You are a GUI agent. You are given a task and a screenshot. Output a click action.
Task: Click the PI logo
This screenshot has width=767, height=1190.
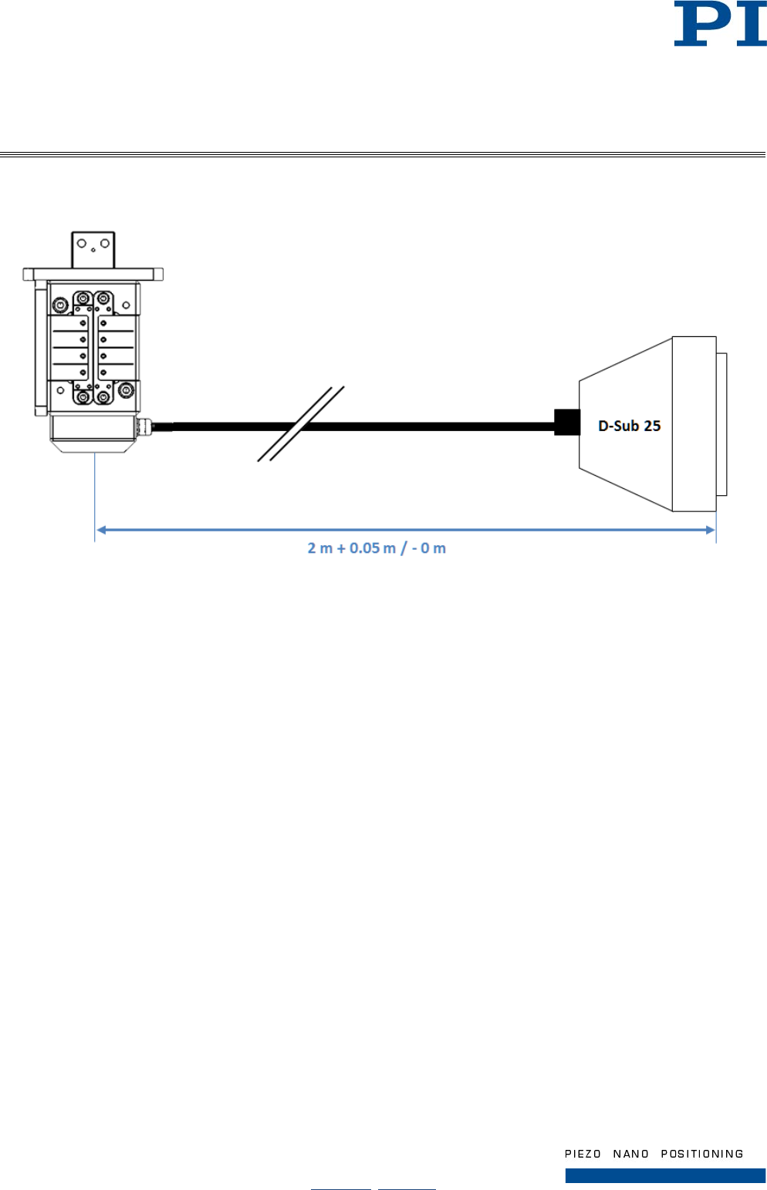click(x=719, y=24)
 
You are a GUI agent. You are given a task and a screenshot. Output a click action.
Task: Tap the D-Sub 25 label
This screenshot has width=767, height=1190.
click(x=629, y=426)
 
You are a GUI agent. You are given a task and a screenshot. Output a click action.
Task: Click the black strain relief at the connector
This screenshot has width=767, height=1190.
click(x=567, y=423)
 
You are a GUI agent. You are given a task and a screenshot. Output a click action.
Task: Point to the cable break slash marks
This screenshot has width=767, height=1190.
click(x=300, y=424)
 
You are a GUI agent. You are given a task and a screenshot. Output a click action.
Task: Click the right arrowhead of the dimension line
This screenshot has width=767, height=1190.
click(x=709, y=530)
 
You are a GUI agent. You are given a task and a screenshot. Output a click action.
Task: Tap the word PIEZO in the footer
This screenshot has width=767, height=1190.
click(x=583, y=1154)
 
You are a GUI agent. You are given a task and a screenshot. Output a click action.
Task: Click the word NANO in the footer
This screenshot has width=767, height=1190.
click(x=630, y=1154)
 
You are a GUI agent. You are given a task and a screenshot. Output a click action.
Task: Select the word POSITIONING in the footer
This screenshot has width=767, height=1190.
click(x=701, y=1154)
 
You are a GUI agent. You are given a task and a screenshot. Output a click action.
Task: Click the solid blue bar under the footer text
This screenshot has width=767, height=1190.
click(x=665, y=1175)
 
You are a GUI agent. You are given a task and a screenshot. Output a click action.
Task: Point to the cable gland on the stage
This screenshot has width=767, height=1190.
click(x=143, y=425)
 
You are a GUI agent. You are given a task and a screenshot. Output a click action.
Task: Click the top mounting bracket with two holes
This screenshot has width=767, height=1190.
click(x=93, y=249)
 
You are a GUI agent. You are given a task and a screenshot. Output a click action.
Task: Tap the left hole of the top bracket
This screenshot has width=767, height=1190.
click(x=81, y=244)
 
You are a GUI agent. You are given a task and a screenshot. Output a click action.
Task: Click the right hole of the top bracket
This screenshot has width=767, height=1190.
click(x=105, y=244)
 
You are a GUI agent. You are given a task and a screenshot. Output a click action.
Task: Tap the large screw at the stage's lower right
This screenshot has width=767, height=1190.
click(x=125, y=393)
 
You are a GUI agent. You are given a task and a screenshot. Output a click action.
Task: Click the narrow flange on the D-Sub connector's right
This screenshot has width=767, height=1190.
click(x=721, y=424)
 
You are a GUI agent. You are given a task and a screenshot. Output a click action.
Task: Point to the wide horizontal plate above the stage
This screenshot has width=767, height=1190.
click(x=93, y=275)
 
